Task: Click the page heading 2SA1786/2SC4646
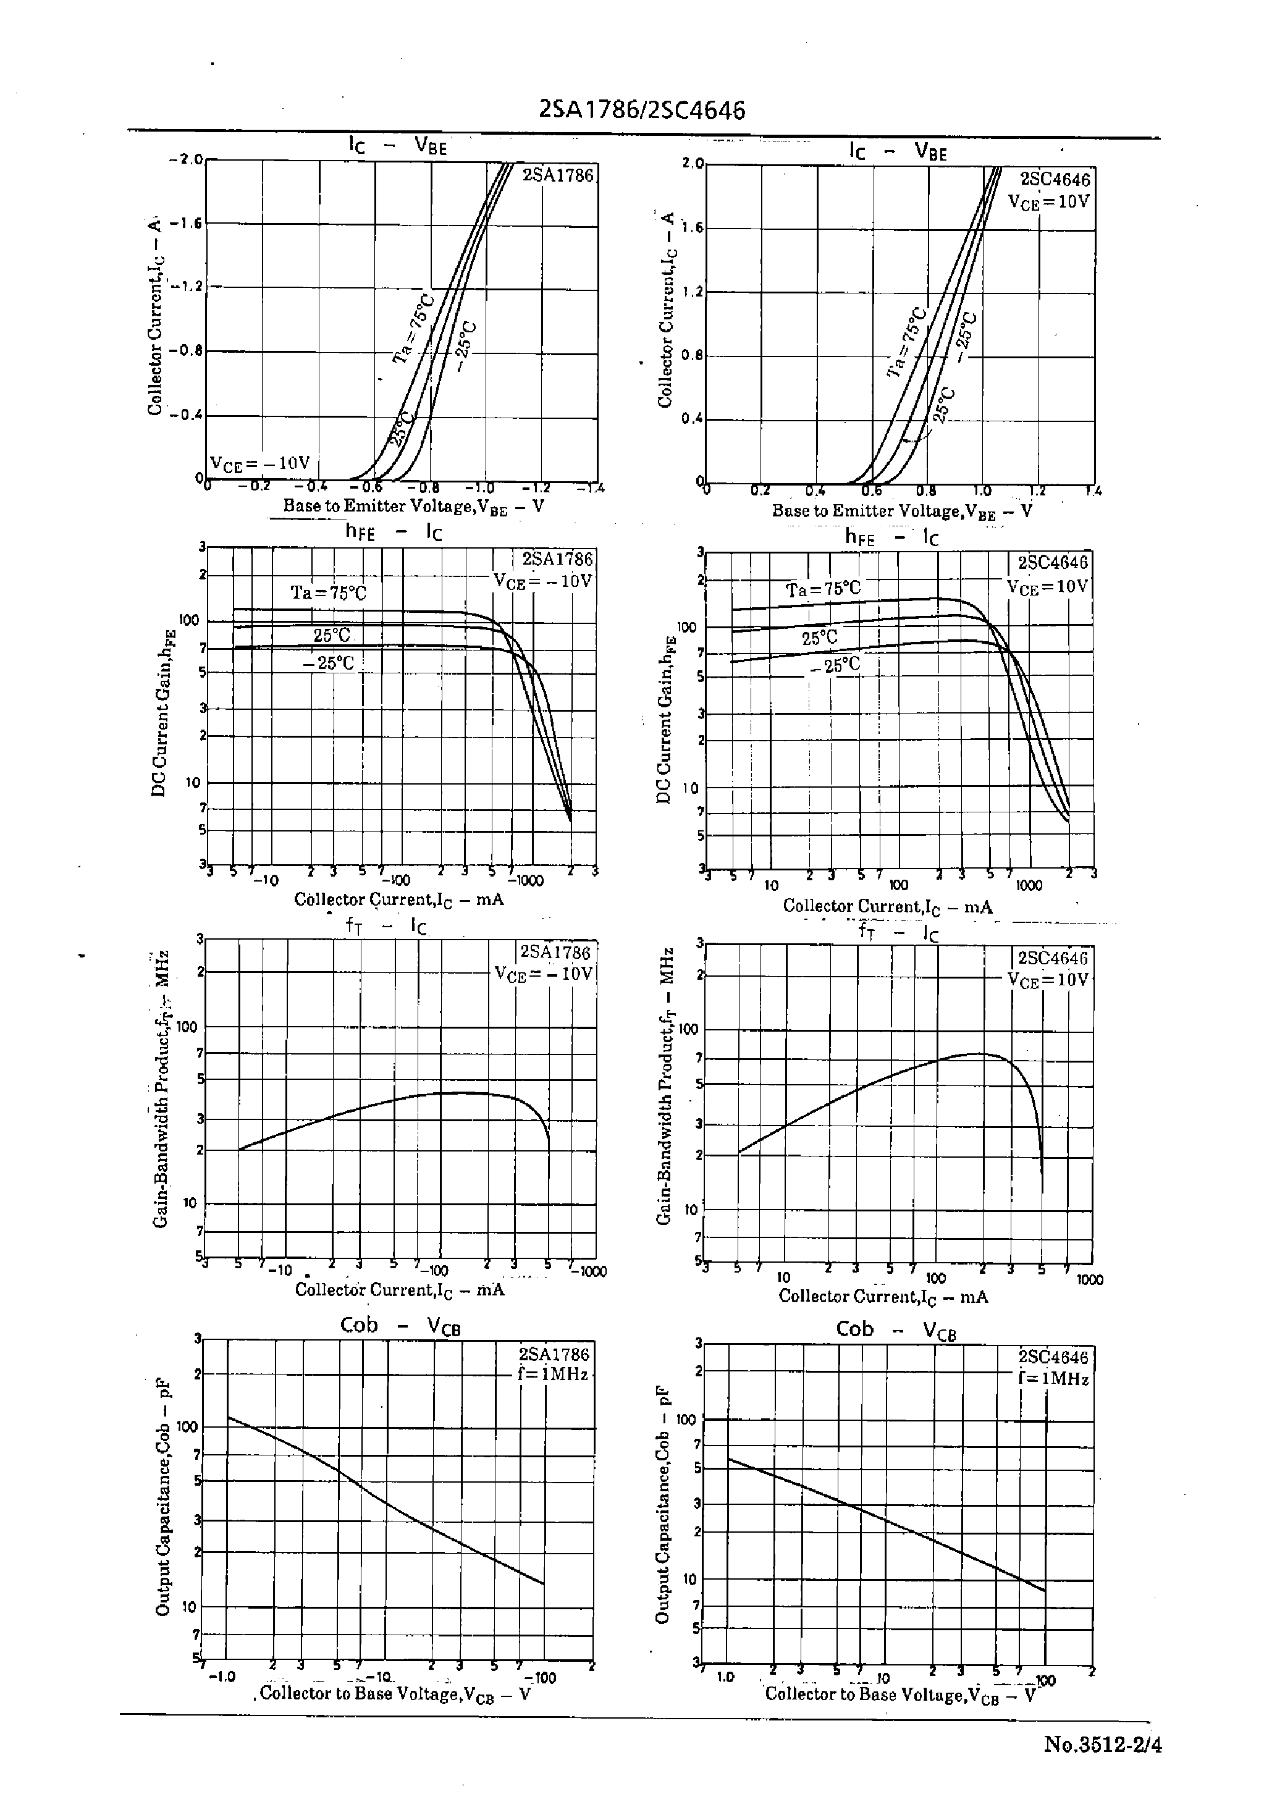(x=642, y=111)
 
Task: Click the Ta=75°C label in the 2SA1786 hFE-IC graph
(x=329, y=592)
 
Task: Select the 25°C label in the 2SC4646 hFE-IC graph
(x=819, y=638)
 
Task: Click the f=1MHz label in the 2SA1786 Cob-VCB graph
(x=553, y=1374)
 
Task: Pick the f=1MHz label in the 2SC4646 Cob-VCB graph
(x=1054, y=1379)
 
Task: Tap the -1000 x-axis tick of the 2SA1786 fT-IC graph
(x=590, y=1271)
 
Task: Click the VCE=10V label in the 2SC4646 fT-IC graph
(x=1048, y=979)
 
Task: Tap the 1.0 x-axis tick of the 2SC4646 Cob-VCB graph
(x=725, y=1677)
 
